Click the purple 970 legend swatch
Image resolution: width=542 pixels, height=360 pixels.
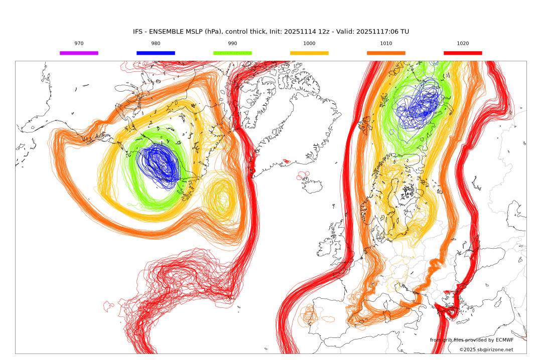(x=79, y=53)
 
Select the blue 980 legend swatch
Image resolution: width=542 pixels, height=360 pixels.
(x=156, y=53)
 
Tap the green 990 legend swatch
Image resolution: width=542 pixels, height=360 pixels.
(x=232, y=53)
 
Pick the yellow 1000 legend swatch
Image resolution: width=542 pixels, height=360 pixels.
(x=309, y=53)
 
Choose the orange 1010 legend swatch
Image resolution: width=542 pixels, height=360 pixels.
(x=386, y=53)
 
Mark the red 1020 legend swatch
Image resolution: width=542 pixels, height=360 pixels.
(x=463, y=53)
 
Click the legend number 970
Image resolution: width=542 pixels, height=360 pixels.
(x=79, y=44)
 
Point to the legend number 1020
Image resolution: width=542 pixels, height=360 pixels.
(x=463, y=44)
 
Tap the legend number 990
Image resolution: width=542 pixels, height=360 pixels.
(x=232, y=44)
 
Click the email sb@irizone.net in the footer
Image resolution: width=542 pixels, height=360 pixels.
(x=495, y=350)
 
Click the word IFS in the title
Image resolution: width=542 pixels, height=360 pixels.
(x=138, y=32)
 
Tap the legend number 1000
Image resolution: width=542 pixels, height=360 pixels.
(x=309, y=44)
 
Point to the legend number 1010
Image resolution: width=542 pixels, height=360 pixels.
(x=386, y=44)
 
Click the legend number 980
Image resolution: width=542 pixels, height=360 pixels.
(x=156, y=44)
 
